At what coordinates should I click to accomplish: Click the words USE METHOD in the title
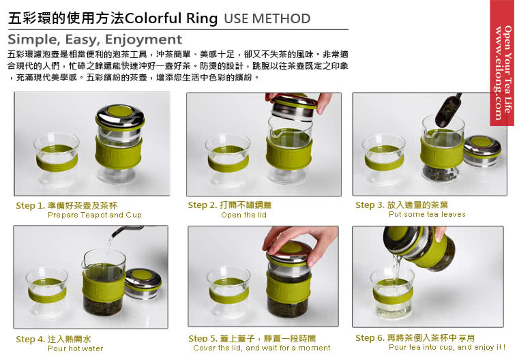(x=267, y=18)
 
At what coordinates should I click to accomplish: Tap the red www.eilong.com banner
(x=502, y=63)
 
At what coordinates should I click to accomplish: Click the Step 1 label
(x=67, y=206)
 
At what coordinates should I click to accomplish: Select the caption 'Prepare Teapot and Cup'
(x=95, y=215)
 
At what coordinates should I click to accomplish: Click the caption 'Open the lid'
(x=243, y=215)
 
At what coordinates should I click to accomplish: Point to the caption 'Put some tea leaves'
(x=427, y=214)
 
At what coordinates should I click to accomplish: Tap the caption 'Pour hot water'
(x=75, y=348)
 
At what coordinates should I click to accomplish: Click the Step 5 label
(x=252, y=338)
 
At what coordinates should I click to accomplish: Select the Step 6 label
(x=415, y=338)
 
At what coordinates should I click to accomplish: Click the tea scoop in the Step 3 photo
(x=447, y=110)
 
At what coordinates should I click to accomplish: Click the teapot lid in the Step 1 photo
(x=121, y=118)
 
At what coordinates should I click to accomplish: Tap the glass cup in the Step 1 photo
(x=57, y=160)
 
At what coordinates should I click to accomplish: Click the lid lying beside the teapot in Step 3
(x=482, y=150)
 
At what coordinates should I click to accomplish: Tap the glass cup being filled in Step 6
(x=392, y=292)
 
